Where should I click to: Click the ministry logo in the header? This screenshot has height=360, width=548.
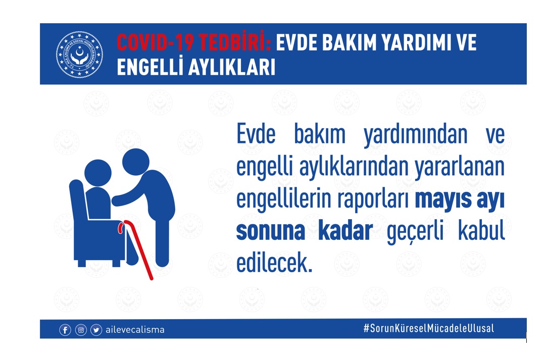tap(79, 54)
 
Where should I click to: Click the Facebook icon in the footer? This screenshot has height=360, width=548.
tap(65, 330)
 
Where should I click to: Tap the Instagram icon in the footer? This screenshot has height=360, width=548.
tap(81, 330)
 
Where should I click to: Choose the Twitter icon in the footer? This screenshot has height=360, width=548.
tap(96, 330)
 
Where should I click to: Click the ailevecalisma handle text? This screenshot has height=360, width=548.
tap(135, 330)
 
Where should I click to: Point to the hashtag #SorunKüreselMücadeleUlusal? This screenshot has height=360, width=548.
tap(428, 329)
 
